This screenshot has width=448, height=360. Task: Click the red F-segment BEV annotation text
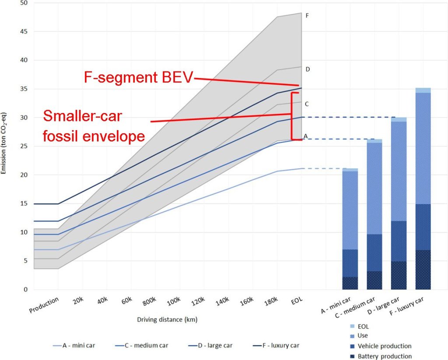(139, 78)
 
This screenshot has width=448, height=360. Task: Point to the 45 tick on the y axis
(21, 32)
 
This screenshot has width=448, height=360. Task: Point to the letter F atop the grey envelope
(308, 16)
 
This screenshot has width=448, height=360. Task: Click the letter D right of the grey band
(308, 69)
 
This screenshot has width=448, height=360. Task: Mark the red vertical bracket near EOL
(292, 116)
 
